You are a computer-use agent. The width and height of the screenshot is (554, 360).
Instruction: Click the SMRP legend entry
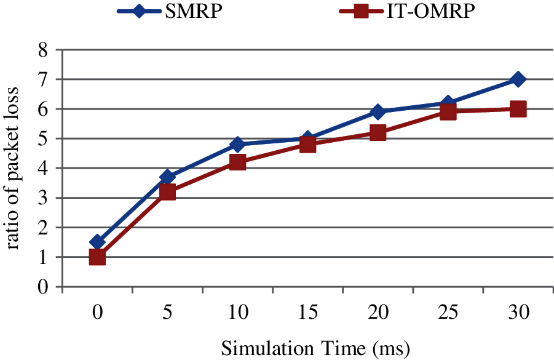point(170,12)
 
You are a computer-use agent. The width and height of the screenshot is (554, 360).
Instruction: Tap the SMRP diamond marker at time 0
point(97,242)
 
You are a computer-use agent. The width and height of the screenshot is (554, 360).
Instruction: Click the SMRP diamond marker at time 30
point(518,79)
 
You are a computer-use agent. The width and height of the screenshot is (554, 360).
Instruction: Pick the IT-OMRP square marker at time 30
point(518,109)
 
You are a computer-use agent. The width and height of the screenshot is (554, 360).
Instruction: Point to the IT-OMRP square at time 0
point(97,257)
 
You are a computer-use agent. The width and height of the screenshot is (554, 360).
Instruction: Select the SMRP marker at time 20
point(378,112)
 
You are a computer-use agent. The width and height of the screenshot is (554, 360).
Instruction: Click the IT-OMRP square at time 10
point(237,162)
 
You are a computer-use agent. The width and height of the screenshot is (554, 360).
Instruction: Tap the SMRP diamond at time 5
point(167,177)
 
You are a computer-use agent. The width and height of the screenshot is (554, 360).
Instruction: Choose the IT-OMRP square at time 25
point(448,112)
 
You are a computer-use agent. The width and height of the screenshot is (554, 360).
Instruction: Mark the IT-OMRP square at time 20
point(378,133)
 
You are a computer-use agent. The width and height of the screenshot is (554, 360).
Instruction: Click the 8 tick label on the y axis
point(43,50)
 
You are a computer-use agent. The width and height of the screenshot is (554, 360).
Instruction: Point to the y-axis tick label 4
point(43,168)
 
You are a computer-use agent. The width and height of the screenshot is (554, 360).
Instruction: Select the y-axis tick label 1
point(43,257)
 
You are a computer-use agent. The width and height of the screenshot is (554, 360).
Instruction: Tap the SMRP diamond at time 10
point(237,145)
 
